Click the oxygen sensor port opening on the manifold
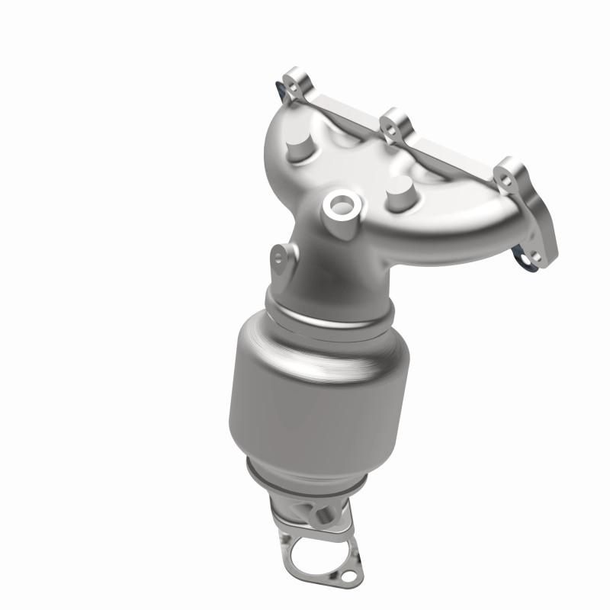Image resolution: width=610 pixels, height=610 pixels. click(x=339, y=204)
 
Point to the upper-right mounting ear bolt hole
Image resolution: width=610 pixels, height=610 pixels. click(x=506, y=176)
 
